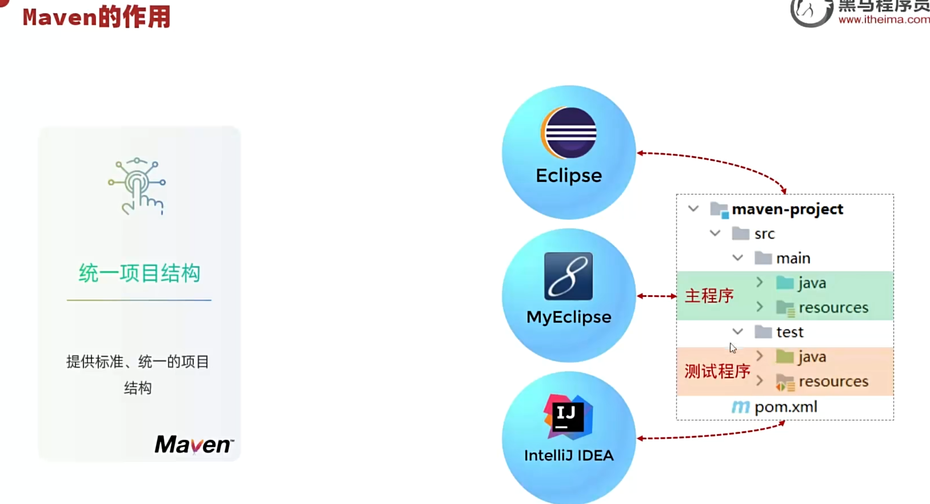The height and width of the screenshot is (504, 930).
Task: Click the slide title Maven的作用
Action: [97, 18]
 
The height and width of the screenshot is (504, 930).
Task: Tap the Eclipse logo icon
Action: [568, 133]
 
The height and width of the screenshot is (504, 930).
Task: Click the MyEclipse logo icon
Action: [568, 276]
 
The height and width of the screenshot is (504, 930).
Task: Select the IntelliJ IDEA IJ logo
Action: [568, 416]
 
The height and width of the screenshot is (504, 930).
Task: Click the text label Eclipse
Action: [568, 176]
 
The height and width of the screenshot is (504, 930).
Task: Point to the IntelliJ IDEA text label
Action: [569, 455]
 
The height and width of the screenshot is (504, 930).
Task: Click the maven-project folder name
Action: [787, 209]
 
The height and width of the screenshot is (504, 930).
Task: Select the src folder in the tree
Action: [764, 234]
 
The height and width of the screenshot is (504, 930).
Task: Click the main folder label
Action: [793, 259]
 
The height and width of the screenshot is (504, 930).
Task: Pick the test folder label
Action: [789, 332]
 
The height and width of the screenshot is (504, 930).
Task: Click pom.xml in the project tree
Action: [785, 407]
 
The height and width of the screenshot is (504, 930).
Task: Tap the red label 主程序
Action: [709, 296]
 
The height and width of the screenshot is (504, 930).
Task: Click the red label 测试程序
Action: [717, 371]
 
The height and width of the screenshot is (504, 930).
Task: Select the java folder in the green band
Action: [812, 283]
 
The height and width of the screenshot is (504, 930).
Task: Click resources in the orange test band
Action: [833, 382]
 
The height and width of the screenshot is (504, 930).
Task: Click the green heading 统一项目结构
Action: [139, 273]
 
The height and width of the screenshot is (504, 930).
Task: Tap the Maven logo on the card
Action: [194, 445]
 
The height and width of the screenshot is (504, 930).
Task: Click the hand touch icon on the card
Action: [137, 186]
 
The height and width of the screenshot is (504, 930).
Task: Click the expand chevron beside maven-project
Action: [693, 209]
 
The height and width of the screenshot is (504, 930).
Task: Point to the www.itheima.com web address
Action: [884, 19]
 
